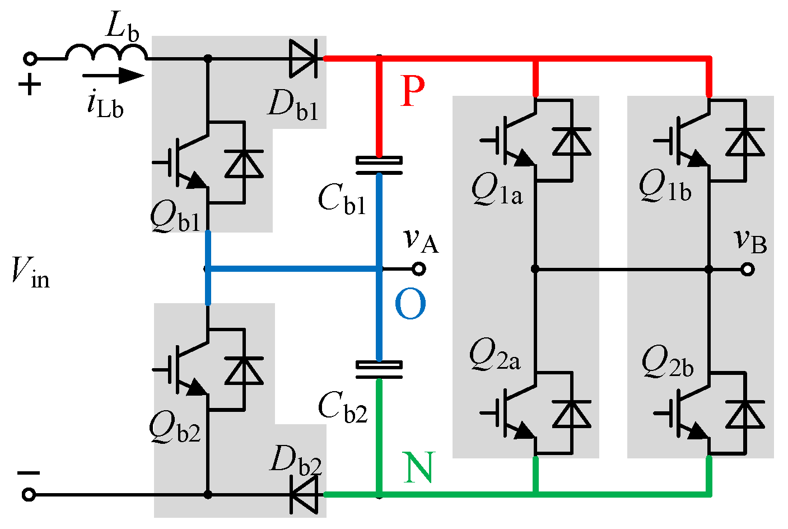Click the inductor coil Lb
click(x=106, y=53)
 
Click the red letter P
click(x=413, y=91)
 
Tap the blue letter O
click(x=410, y=304)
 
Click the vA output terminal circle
click(x=418, y=270)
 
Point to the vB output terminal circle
click(x=747, y=270)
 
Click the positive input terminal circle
click(x=29, y=58)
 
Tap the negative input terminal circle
click(x=29, y=495)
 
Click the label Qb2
click(x=175, y=429)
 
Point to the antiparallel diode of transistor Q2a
click(x=572, y=415)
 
